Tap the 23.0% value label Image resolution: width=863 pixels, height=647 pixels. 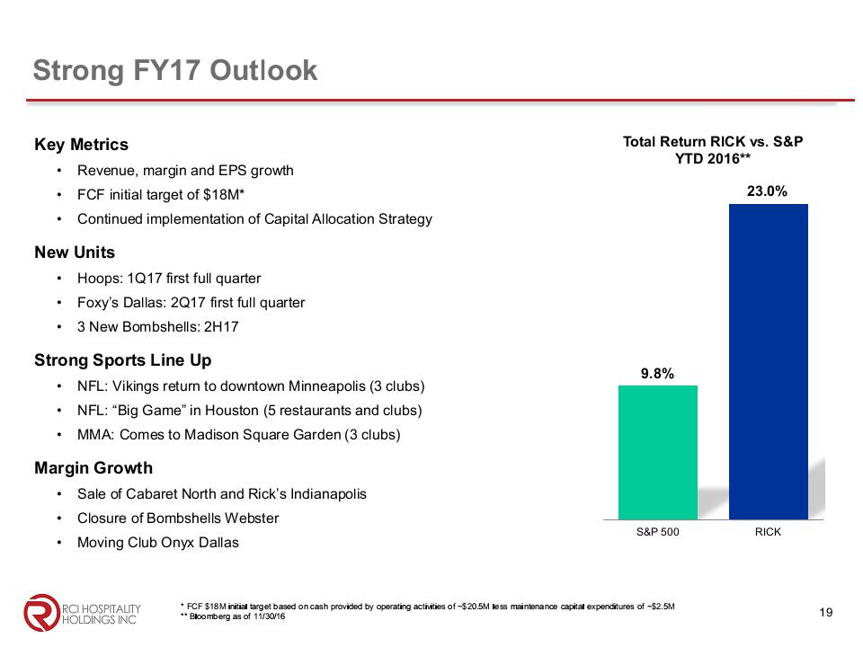click(768, 191)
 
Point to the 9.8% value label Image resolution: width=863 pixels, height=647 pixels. click(657, 373)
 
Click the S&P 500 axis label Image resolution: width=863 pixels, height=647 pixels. click(657, 532)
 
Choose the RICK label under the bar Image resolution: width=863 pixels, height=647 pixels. click(768, 532)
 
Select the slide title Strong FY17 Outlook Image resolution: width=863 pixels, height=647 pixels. click(175, 70)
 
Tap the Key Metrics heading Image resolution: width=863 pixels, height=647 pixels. click(81, 145)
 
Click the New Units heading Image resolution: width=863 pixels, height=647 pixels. click(75, 253)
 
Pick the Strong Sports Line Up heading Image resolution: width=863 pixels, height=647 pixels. click(123, 360)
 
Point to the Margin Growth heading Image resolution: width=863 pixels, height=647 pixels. click(93, 468)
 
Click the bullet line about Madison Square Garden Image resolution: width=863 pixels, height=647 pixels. click(239, 435)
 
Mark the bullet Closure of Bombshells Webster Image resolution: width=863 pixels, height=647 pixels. click(178, 518)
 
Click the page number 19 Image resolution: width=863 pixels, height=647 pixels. click(827, 613)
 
